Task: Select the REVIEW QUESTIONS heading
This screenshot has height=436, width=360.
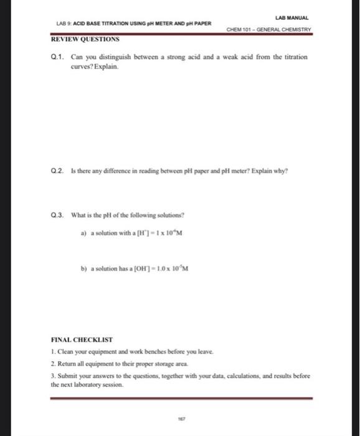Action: [x=85, y=39]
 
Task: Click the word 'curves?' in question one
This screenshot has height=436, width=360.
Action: [x=85, y=65]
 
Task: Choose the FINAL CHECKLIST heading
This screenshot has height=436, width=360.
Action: [x=82, y=340]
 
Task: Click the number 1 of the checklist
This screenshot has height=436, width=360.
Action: [x=53, y=352]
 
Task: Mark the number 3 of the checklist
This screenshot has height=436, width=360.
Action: [x=53, y=376]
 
